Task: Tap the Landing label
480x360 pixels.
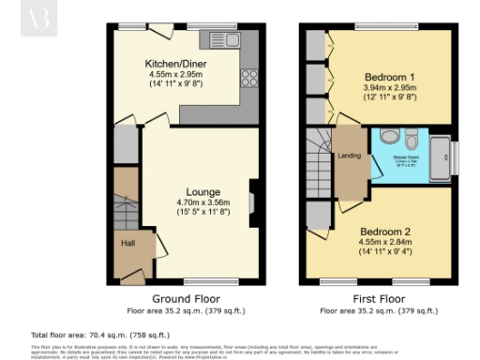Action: [349, 156]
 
